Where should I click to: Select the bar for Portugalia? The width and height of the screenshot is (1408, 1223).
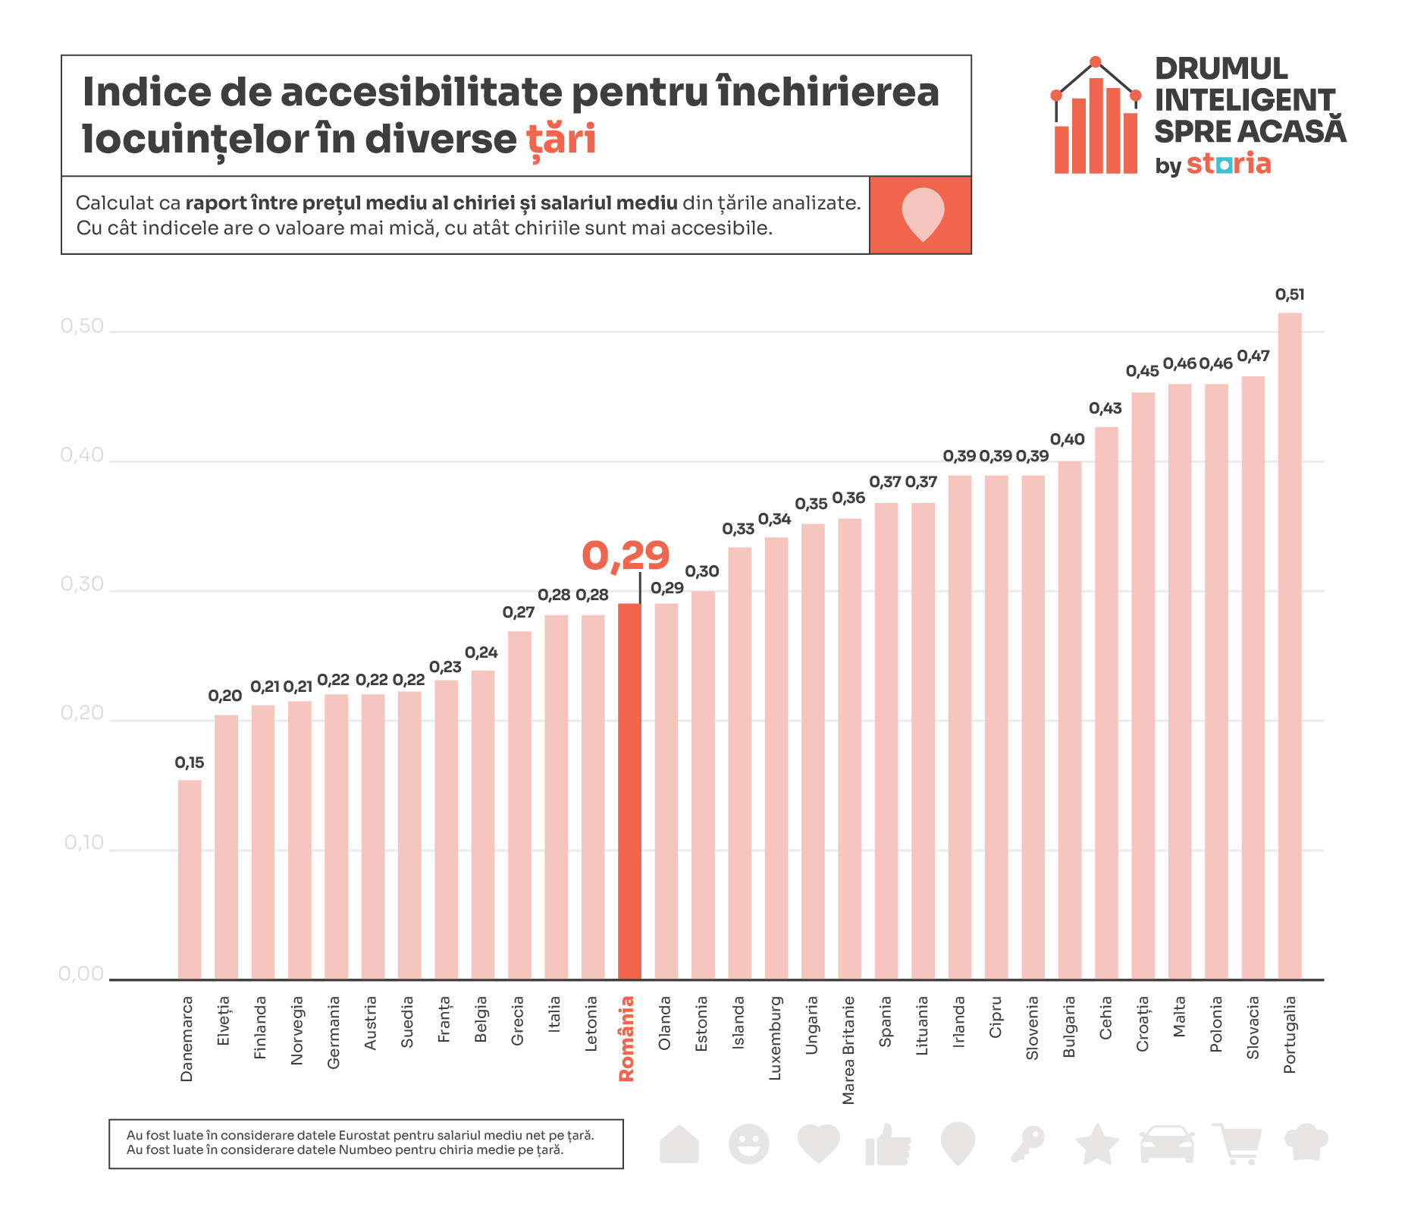click(x=1290, y=645)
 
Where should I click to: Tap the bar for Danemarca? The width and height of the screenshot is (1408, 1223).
click(x=190, y=879)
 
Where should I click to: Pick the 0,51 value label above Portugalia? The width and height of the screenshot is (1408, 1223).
click(x=1290, y=294)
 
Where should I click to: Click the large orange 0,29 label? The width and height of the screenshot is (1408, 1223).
click(x=626, y=555)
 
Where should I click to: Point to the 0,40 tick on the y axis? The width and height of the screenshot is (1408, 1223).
click(x=82, y=455)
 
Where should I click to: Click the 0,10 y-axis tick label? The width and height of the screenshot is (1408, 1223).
click(x=83, y=843)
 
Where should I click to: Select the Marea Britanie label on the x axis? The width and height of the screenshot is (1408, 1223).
click(x=848, y=1050)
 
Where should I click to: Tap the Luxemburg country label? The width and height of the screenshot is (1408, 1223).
click(x=775, y=1038)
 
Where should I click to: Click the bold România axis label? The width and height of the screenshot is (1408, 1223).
click(x=626, y=1039)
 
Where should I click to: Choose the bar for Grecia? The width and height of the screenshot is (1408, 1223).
click(x=519, y=805)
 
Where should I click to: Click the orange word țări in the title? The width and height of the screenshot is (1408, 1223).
click(x=561, y=139)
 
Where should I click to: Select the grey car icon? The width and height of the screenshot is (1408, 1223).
click(x=1167, y=1143)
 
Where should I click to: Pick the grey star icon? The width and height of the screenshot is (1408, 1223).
click(x=1097, y=1144)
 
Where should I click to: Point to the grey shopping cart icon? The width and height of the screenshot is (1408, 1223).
click(x=1237, y=1143)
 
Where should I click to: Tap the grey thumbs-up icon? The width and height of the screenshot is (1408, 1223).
click(x=888, y=1144)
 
